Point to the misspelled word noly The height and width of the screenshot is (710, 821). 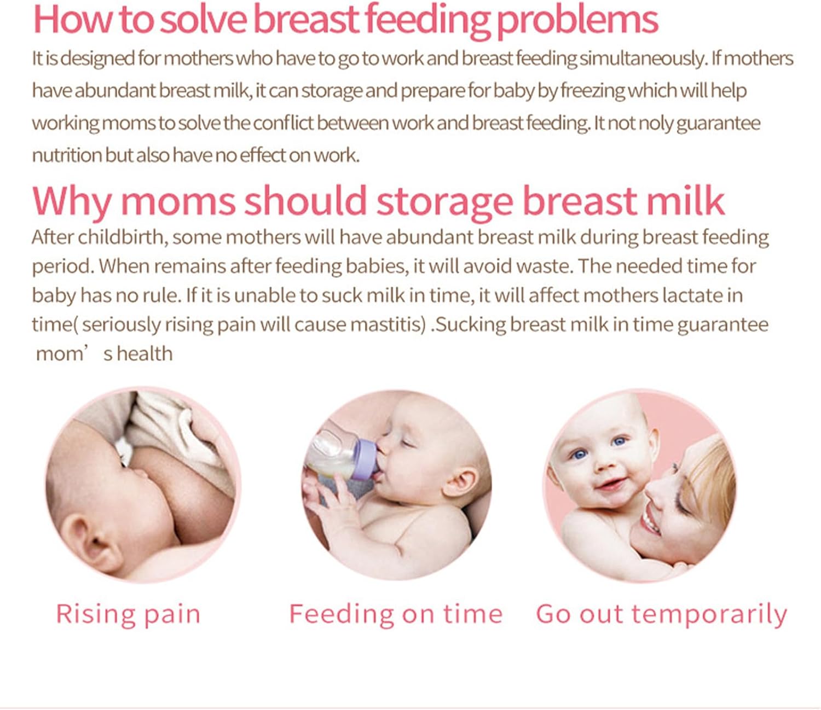coord(655,123)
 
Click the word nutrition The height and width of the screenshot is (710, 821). coord(67,155)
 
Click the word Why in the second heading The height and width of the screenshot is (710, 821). coord(72,201)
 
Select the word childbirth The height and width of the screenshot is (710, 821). coord(121,237)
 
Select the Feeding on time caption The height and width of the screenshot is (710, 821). coord(396,614)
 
